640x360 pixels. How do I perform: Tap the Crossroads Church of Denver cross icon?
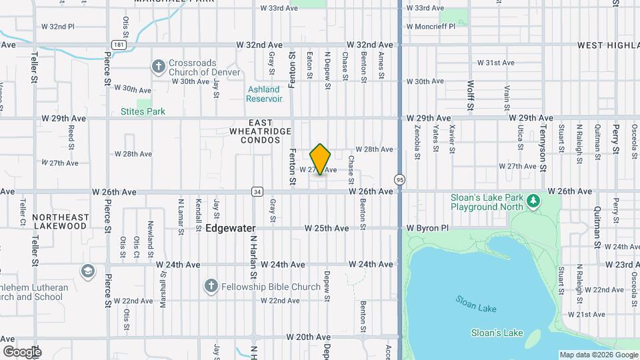pos(158,66)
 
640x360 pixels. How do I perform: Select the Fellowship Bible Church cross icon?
pos(211,287)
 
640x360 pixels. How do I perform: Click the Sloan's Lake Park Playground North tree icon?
pos(533,200)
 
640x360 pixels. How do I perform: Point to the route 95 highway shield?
pos(399,179)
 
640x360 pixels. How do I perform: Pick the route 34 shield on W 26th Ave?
pos(257,192)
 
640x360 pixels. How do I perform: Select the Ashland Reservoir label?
pos(264,94)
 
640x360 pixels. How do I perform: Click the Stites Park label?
pos(143,111)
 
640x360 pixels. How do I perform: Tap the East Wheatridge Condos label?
pos(261,131)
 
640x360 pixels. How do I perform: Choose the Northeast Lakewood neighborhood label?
pos(60,221)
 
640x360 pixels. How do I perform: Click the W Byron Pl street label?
pos(428,228)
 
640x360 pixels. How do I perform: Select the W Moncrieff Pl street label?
pos(430,26)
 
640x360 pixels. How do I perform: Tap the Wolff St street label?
pos(471,96)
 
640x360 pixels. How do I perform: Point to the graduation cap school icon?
pos(87,271)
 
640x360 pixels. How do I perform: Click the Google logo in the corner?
pos(22,351)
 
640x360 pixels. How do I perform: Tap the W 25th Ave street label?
pos(327,228)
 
